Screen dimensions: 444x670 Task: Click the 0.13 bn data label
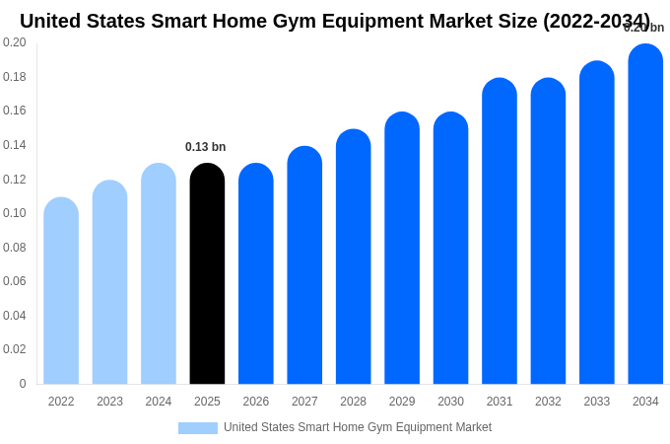pos(205,147)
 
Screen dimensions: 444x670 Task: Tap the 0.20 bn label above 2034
pos(643,28)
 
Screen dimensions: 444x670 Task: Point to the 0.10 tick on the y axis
pos(15,213)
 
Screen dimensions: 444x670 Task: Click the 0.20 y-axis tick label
pos(15,42)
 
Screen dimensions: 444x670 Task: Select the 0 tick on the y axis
pos(22,384)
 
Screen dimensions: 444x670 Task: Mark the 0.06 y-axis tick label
pos(15,281)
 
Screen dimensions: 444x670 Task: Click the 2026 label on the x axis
pos(256,402)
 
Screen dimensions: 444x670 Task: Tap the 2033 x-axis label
pos(597,402)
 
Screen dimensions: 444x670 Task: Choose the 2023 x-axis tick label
pos(109,402)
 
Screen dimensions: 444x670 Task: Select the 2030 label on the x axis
pos(450,402)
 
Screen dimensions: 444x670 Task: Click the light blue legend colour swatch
pos(197,428)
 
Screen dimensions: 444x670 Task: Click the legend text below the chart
pos(357,427)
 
